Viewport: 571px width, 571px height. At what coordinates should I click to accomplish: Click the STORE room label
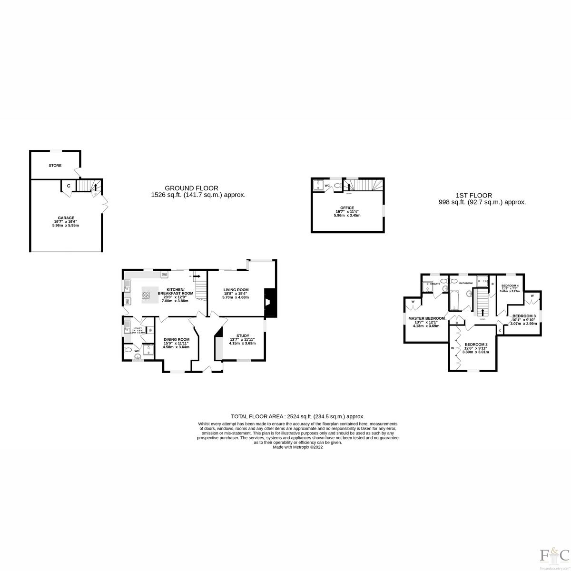(x=55, y=166)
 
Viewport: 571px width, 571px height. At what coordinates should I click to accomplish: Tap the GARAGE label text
(x=66, y=218)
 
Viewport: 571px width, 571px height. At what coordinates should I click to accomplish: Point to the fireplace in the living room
(x=270, y=302)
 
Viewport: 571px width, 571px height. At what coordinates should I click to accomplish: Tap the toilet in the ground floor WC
(x=127, y=350)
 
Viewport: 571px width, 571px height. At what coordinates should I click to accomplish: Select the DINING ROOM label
(x=176, y=339)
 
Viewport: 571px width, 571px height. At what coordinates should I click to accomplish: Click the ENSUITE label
(x=435, y=284)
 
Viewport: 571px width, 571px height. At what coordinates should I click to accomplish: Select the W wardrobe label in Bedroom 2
(x=452, y=348)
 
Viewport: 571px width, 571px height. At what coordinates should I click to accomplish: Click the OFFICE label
(x=347, y=207)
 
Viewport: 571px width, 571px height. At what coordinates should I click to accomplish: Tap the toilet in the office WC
(x=337, y=186)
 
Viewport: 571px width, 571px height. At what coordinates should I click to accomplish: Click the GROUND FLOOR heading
(x=191, y=188)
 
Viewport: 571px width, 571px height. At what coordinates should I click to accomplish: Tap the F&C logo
(x=554, y=554)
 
